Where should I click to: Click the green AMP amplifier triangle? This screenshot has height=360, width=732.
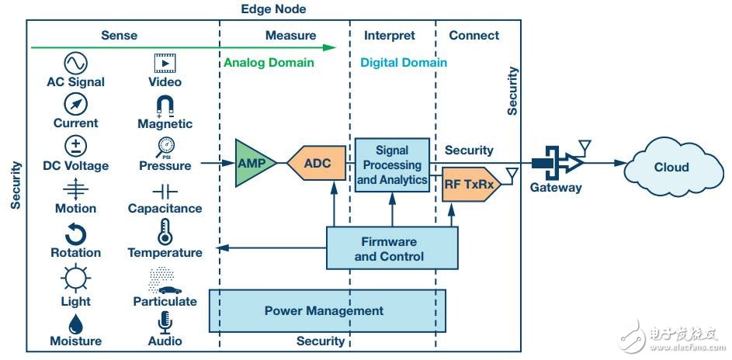252,163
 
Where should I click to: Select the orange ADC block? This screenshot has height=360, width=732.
317,163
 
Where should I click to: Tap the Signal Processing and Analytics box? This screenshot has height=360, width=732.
392,164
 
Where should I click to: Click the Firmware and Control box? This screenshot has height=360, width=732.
392,248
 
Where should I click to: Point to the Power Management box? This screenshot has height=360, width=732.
327,310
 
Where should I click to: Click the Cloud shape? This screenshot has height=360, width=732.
673,167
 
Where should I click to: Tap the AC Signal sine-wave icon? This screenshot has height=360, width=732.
75,64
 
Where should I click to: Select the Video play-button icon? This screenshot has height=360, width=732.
165,64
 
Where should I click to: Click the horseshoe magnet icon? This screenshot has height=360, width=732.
165,106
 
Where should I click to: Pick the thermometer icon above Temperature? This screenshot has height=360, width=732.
165,232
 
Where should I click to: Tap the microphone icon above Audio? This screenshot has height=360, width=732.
165,323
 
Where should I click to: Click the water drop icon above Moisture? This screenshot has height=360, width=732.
75,324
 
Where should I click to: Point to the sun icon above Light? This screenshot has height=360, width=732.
75,278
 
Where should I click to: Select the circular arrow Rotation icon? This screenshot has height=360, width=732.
75,234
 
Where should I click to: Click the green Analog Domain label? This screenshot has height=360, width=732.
269,63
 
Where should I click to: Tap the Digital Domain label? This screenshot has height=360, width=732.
404,63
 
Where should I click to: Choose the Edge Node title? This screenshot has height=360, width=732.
273,9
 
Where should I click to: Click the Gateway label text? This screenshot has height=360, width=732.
556,188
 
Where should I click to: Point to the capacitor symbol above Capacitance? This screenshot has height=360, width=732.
165,191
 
